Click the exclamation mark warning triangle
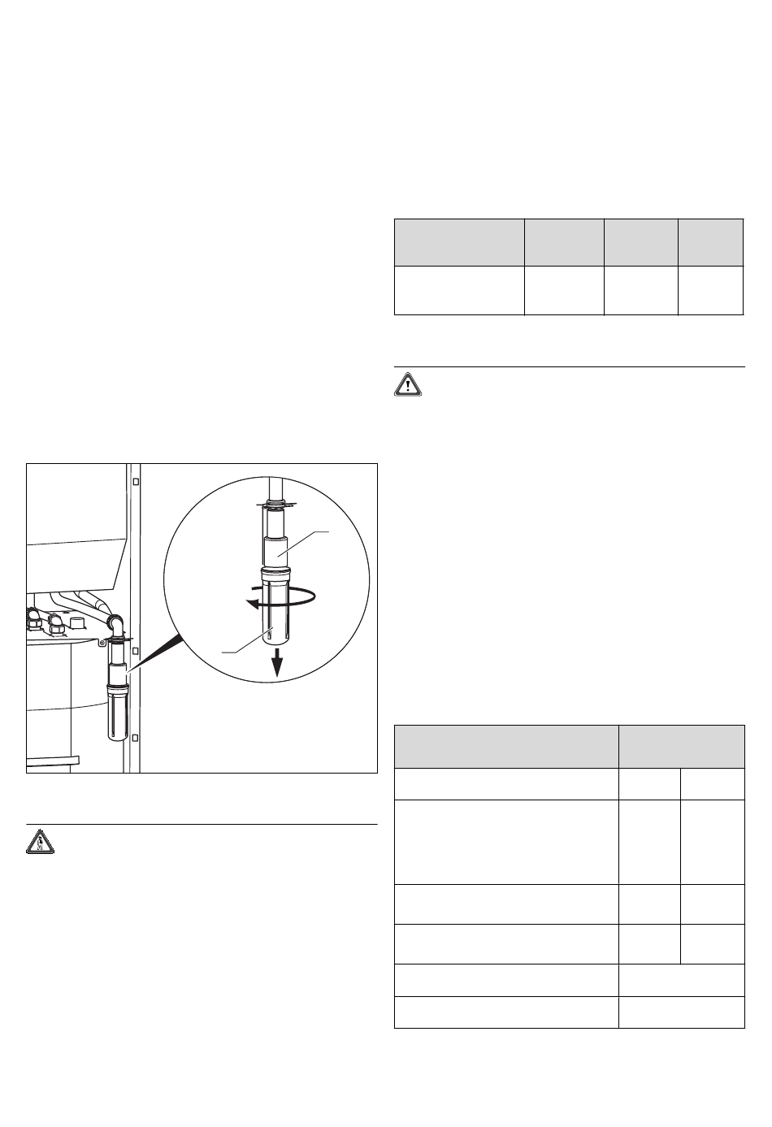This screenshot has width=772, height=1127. point(408,385)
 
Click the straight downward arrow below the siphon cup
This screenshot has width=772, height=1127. point(278,661)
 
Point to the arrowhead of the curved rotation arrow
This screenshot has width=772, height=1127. point(254,604)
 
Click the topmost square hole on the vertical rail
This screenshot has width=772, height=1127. point(137,481)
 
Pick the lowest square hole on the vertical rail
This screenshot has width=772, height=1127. point(137,738)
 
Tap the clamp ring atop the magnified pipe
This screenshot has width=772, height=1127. point(275,505)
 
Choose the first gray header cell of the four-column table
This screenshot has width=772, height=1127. point(458,241)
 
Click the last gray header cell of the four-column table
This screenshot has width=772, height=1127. point(710,241)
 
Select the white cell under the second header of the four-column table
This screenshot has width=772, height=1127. point(563,289)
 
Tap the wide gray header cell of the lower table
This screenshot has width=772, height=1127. point(505,746)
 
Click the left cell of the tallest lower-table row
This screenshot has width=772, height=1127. point(505,842)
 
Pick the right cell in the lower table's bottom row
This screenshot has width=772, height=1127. point(681,1012)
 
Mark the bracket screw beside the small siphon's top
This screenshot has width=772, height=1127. point(102,643)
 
